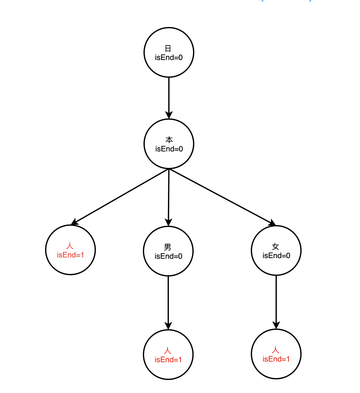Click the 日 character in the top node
pos(168,48)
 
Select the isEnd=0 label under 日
pos(169,57)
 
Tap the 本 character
pos(169,140)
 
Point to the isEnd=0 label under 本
pos(169,149)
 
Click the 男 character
pos(168,247)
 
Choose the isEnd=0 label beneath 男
pos(168,256)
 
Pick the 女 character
pos(276,246)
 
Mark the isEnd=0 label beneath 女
pos(276,256)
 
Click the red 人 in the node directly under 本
pos(70,246)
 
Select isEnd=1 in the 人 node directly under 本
pos(70,255)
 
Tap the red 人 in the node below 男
pos(168,350)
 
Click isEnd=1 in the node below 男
pos(168,360)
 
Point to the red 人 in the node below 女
pos(276,350)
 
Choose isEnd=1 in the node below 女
pos(276,359)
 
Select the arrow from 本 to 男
pos(169,197)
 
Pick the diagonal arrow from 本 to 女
pos(222,197)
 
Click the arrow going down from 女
pos(276,302)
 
